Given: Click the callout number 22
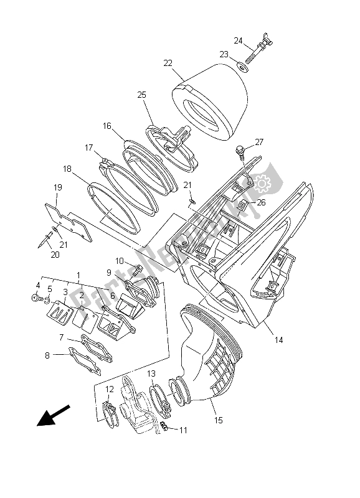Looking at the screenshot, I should click(x=168, y=63).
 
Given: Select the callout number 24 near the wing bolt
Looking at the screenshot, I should click(x=238, y=40).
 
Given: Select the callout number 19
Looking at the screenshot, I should click(x=57, y=187).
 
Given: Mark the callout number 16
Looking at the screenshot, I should click(x=107, y=126).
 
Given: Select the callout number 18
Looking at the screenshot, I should click(x=67, y=168).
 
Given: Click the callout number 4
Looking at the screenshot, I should click(x=37, y=286).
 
